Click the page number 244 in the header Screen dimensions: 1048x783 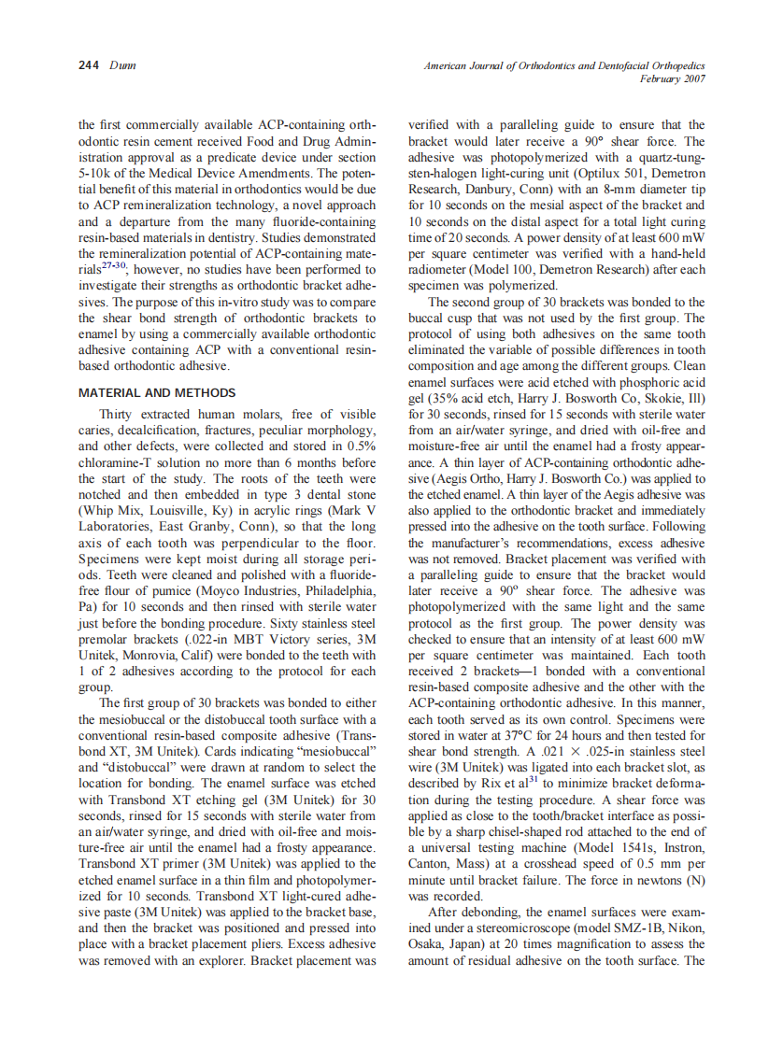pos(89,66)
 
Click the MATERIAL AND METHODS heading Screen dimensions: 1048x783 pos(157,393)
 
